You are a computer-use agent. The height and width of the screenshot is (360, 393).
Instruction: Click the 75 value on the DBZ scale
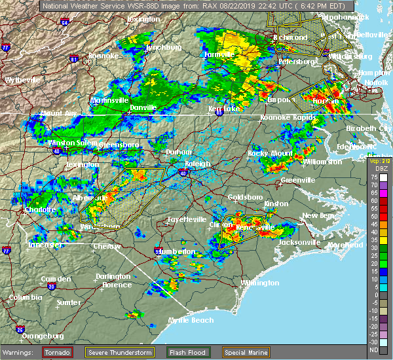point(373,177)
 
